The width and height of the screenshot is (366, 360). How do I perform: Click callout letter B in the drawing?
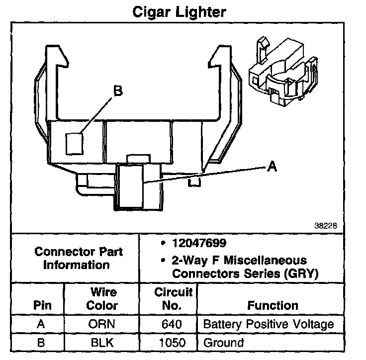[x=118, y=91]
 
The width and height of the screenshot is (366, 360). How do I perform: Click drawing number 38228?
[x=326, y=225]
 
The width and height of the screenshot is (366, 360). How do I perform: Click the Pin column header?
[x=42, y=305]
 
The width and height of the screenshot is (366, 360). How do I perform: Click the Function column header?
[x=273, y=305]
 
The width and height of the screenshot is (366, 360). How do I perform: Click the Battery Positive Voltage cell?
[x=269, y=325]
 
